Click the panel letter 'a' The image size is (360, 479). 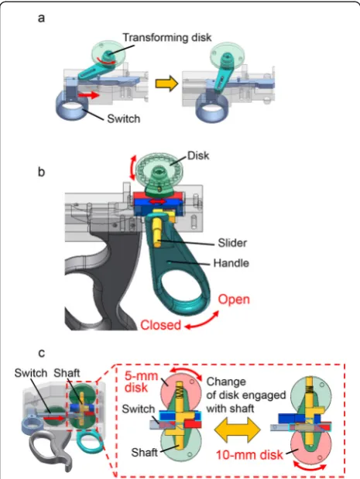[41, 19]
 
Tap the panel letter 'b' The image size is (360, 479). [41, 172]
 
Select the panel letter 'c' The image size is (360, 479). [41, 353]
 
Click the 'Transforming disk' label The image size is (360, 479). [167, 38]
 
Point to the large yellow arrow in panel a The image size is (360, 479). [166, 83]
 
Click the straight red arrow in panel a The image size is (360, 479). [89, 95]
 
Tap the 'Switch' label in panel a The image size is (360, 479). [123, 118]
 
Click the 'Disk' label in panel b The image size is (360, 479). [198, 156]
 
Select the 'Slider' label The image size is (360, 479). [232, 243]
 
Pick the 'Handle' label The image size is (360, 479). [231, 263]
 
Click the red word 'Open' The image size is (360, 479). [234, 299]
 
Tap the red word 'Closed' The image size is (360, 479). [161, 325]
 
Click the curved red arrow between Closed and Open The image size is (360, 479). [203, 321]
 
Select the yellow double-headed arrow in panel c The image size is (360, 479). [238, 429]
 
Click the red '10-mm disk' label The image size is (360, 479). [249, 455]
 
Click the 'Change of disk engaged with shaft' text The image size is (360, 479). [246, 395]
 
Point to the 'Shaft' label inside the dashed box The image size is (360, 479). [144, 452]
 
